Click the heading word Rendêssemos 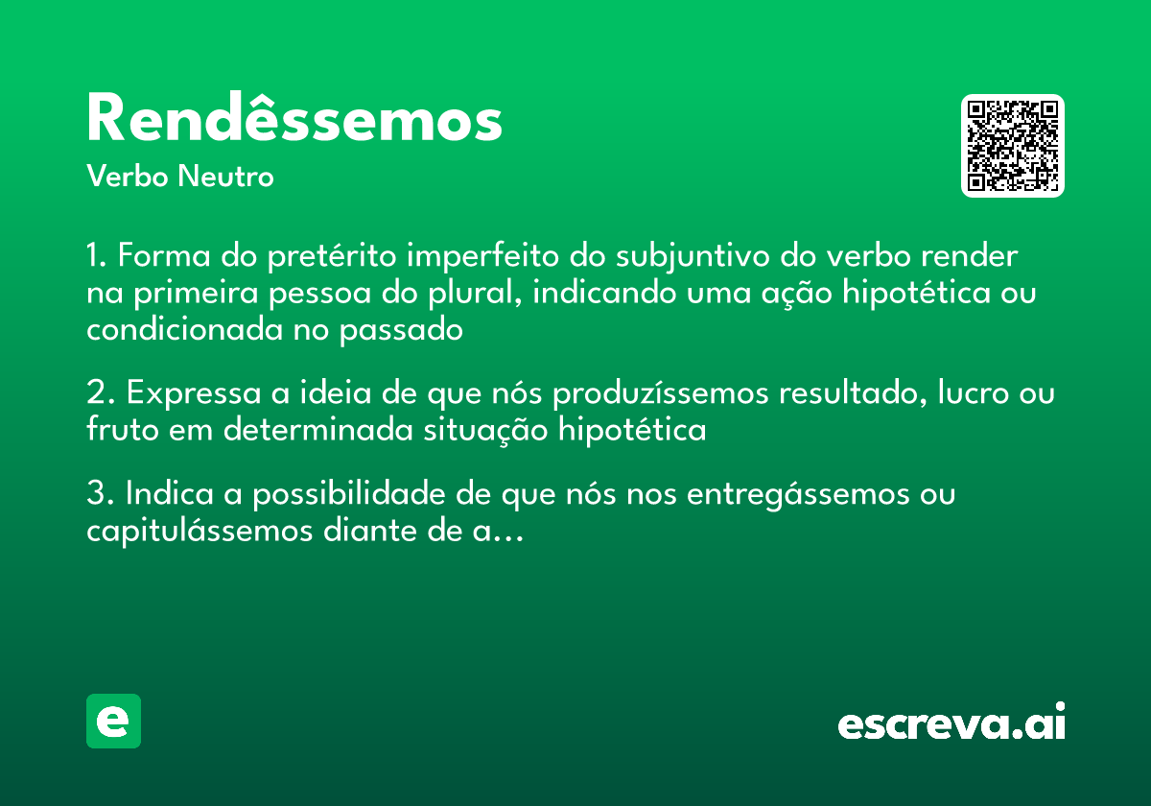pyautogui.click(x=294, y=120)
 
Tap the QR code pyautogui.click(x=1013, y=146)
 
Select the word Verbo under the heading pyautogui.click(x=129, y=178)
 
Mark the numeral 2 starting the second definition pyautogui.click(x=95, y=394)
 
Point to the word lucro pyautogui.click(x=969, y=394)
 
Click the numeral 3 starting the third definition pyautogui.click(x=95, y=494)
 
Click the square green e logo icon pyautogui.click(x=113, y=721)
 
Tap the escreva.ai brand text pyautogui.click(x=951, y=723)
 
